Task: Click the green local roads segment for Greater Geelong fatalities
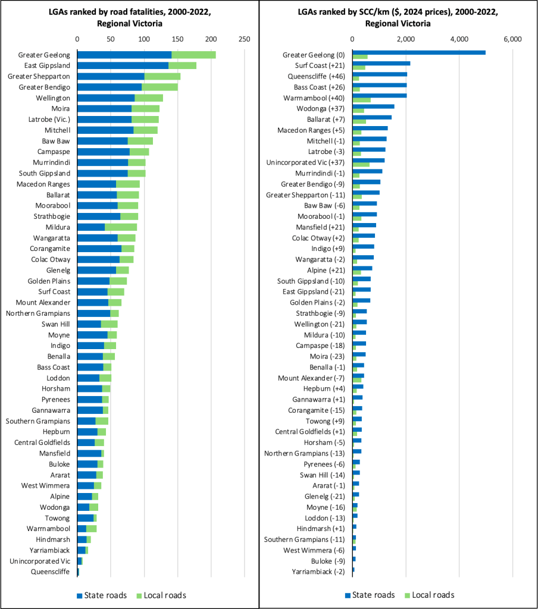(x=193, y=55)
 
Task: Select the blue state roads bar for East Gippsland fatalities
(x=123, y=65)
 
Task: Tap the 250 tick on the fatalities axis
(x=243, y=39)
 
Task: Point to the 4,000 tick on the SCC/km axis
(x=459, y=39)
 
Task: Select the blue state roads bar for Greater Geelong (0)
(x=419, y=52)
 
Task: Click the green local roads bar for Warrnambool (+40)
(x=361, y=100)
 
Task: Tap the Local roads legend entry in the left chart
(x=160, y=595)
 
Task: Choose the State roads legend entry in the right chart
(x=369, y=595)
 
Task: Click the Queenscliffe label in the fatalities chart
(x=51, y=572)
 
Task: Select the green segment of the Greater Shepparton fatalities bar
(x=162, y=76)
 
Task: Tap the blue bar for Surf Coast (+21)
(x=381, y=63)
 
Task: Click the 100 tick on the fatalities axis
(x=143, y=39)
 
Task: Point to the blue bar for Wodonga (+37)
(x=373, y=106)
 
